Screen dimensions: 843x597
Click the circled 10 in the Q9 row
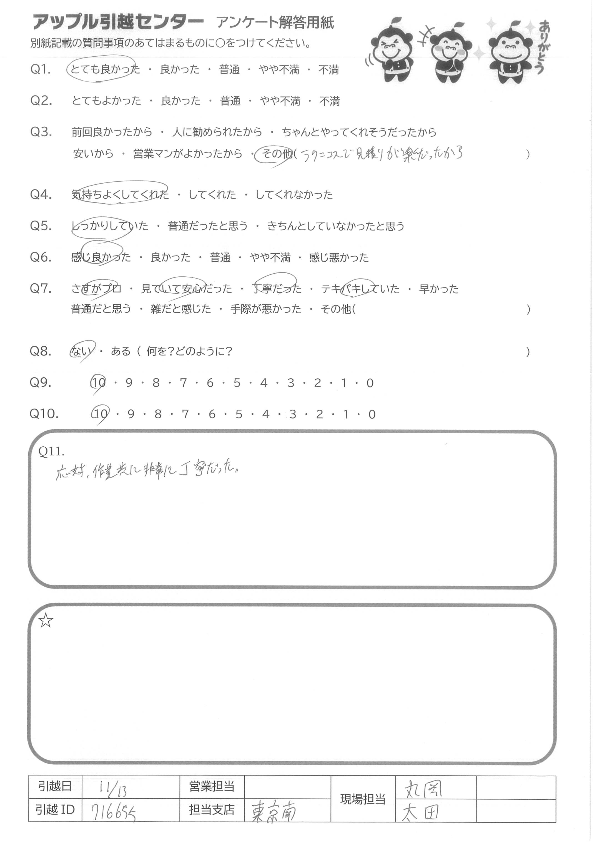tap(99, 383)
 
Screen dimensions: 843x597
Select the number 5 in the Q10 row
tap(239, 415)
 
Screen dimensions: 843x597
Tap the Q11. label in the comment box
tap(51, 451)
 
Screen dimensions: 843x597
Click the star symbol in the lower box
tap(46, 621)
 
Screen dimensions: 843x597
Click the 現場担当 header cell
tap(363, 799)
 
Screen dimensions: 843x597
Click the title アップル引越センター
tap(118, 23)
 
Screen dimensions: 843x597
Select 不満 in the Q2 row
tap(329, 101)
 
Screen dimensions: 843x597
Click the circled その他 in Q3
tap(276, 154)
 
